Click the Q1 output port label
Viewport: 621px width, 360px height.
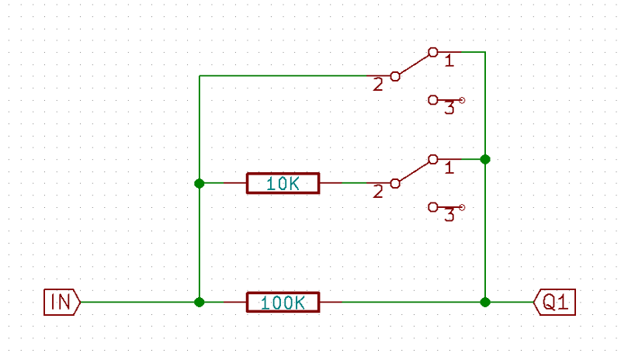pyautogui.click(x=556, y=302)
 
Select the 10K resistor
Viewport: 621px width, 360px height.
pyautogui.click(x=283, y=183)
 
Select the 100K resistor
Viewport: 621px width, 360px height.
pyautogui.click(x=283, y=302)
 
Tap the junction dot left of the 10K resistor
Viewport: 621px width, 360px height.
pyautogui.click(x=199, y=183)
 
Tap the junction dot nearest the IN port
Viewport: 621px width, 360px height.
pyautogui.click(x=199, y=302)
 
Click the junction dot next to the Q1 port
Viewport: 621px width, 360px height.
pyautogui.click(x=485, y=302)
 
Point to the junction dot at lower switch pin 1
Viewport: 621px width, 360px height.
pyautogui.click(x=485, y=159)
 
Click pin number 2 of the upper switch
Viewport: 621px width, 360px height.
pyautogui.click(x=378, y=85)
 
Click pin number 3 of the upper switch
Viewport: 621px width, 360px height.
pyautogui.click(x=449, y=109)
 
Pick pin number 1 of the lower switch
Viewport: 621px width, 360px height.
pyautogui.click(x=449, y=167)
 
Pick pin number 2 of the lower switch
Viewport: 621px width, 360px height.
pyautogui.click(x=378, y=192)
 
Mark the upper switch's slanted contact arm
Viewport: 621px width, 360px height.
pyautogui.click(x=414, y=64)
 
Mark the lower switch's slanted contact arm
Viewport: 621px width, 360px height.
pyautogui.click(x=414, y=171)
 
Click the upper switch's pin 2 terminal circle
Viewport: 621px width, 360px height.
pyautogui.click(x=395, y=76)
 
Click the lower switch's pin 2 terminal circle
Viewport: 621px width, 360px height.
pyautogui.click(x=395, y=183)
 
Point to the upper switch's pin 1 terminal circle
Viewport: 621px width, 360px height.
pyautogui.click(x=432, y=52)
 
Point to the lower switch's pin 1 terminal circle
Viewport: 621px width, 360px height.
pyautogui.click(x=432, y=159)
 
